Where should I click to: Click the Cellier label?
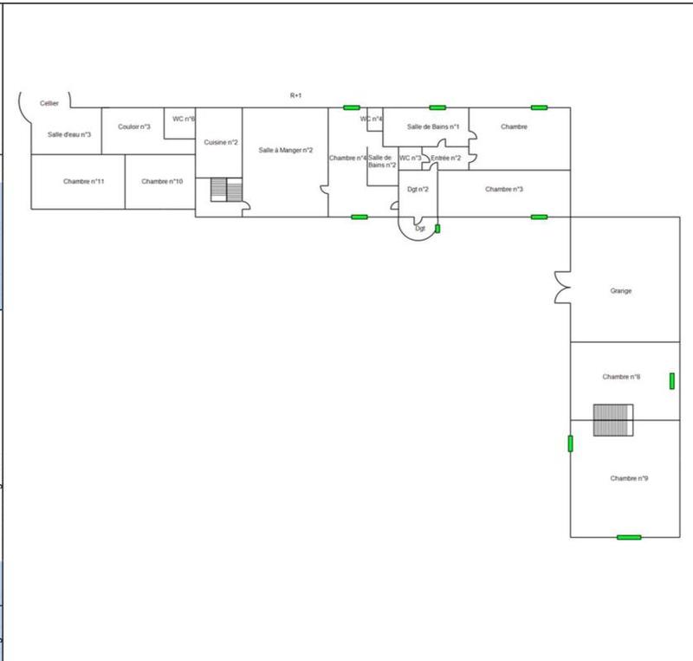tap(49, 103)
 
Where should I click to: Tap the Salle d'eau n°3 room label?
tap(69, 134)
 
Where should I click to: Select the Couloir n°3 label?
tap(134, 127)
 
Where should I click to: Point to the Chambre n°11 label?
tap(84, 181)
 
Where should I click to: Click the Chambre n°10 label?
tap(162, 181)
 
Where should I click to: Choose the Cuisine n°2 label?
tap(221, 142)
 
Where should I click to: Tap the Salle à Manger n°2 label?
tap(285, 150)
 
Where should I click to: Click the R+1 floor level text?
tap(295, 95)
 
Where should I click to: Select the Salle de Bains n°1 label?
tap(433, 127)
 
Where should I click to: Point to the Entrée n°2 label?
tap(445, 158)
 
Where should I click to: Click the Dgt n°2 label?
tap(418, 189)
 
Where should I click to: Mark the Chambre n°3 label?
tap(504, 189)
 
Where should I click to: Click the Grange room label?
tap(621, 291)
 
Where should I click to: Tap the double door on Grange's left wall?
tap(561, 288)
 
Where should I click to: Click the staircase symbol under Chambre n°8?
tap(613, 420)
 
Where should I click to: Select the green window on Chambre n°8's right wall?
tap(671, 380)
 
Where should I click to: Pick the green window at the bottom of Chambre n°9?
tap(629, 537)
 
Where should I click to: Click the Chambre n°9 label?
tap(630, 478)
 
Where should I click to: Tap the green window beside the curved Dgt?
tap(437, 229)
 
